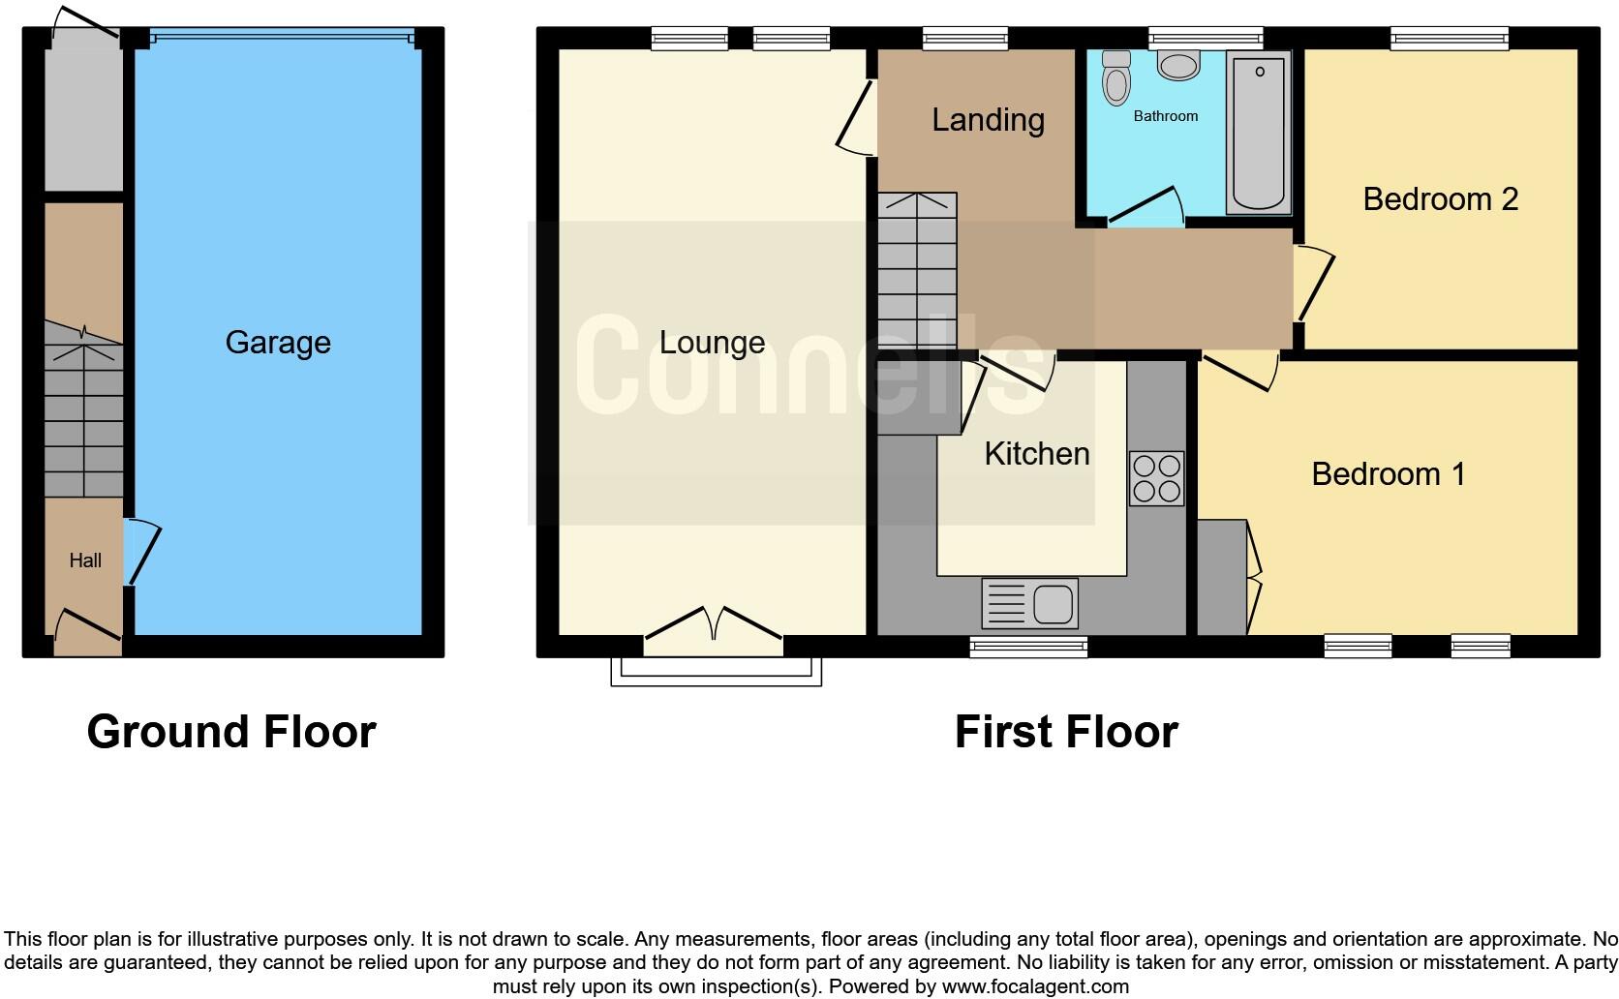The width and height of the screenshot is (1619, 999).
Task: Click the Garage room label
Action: (278, 342)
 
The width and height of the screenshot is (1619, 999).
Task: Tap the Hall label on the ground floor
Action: (85, 560)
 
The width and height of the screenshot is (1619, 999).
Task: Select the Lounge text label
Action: (712, 342)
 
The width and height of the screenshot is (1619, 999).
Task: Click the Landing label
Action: (988, 120)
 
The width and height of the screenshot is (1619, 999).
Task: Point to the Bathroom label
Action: (1165, 116)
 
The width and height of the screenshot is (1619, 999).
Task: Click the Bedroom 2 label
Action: (1440, 199)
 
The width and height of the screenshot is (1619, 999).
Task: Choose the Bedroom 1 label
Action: (1388, 474)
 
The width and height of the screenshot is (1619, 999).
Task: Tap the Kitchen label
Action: (1036, 453)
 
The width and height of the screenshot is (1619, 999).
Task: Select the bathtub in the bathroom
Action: (1259, 132)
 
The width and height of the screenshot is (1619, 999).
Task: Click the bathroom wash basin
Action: (1178, 65)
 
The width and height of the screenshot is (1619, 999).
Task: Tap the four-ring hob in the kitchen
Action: (1156, 478)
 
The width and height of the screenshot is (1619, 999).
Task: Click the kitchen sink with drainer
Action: (1029, 603)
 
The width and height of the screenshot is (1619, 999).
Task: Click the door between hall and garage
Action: (139, 552)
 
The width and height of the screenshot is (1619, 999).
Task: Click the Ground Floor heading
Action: (230, 732)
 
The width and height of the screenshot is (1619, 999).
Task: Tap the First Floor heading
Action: (1065, 732)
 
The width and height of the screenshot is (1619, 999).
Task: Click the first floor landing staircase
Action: (917, 271)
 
